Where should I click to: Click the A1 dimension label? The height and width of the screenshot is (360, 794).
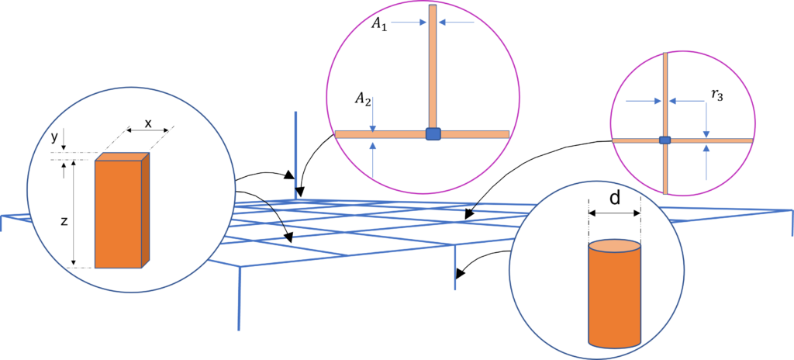(x=378, y=25)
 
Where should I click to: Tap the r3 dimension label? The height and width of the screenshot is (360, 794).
(x=719, y=95)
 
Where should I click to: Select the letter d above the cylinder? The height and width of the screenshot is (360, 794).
(x=614, y=198)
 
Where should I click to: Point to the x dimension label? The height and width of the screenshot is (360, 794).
(x=148, y=123)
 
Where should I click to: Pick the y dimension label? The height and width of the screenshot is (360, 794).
(x=54, y=137)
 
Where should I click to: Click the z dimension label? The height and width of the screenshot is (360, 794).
(x=64, y=221)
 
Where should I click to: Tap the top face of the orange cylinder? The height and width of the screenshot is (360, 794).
(x=614, y=248)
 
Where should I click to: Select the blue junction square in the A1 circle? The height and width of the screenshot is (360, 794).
(x=433, y=133)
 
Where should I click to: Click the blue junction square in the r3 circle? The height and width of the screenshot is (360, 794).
(x=665, y=140)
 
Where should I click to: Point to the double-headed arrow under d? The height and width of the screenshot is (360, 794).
(x=614, y=213)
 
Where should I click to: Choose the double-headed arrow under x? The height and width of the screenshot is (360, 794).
(x=148, y=136)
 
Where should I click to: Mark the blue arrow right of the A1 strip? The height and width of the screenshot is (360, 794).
(x=457, y=22)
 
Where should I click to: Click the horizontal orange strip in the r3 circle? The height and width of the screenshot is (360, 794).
(x=713, y=140)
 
